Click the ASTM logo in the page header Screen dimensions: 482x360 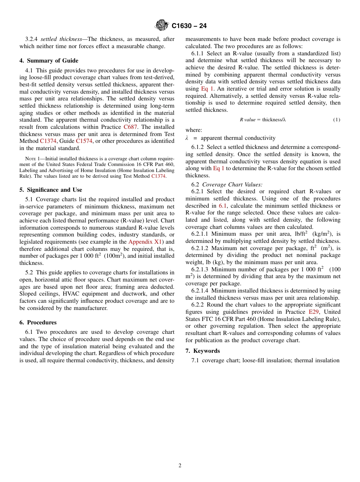click(162, 25)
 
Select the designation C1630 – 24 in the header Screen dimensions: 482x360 click(189, 26)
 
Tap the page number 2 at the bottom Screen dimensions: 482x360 click(180, 466)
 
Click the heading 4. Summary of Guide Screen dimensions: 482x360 click(49, 61)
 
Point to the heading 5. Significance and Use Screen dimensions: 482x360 click(51, 190)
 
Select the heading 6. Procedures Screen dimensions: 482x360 click(38, 322)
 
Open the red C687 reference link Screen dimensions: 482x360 click(130, 127)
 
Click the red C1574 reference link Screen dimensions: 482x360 click(84, 141)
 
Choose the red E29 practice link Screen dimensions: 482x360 click(313, 312)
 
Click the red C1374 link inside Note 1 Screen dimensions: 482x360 click(158, 176)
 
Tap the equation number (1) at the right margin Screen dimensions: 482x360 click(337, 120)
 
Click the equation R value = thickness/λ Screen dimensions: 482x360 click(263, 120)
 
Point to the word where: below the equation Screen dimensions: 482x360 click(194, 130)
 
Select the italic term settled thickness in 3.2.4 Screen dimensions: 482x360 click(61, 39)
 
